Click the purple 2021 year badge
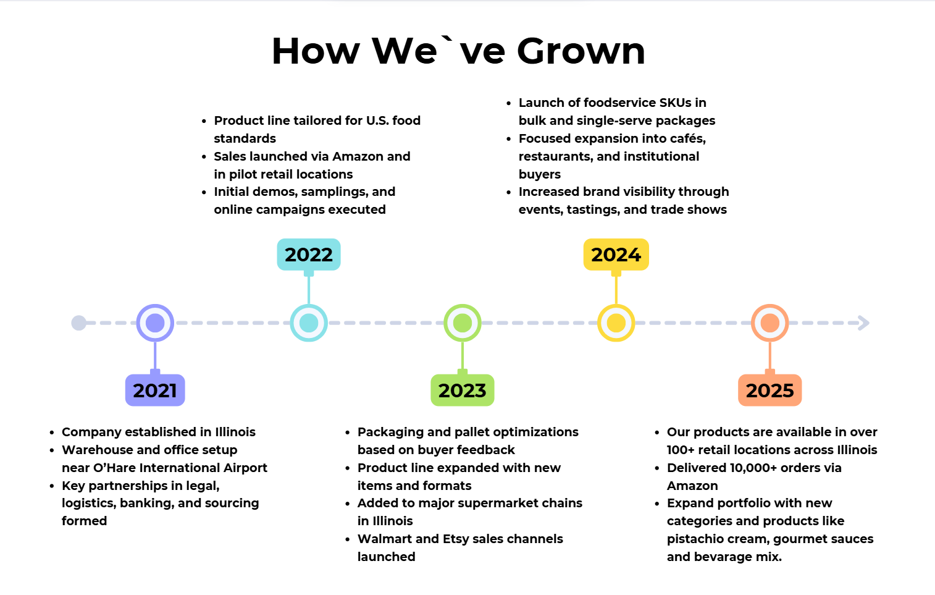click(155, 390)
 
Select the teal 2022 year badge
click(308, 255)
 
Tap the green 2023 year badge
click(462, 390)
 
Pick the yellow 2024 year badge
click(616, 255)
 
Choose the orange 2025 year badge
click(769, 390)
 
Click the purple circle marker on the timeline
click(155, 323)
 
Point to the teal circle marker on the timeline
click(308, 323)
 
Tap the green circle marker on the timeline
click(462, 323)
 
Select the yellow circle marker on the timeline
click(616, 323)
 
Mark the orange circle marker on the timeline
click(769, 323)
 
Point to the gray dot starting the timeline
click(78, 323)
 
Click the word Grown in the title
click(581, 51)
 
